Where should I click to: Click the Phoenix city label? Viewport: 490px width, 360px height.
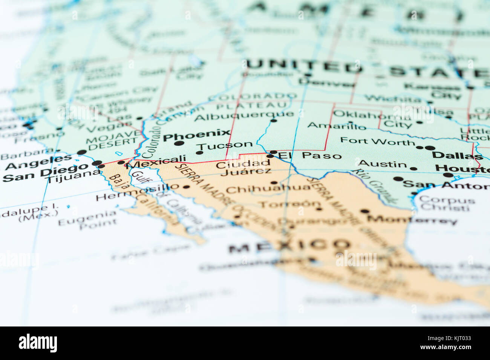196,134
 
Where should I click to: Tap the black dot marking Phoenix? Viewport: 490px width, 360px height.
179,143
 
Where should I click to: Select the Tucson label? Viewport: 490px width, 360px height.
225,145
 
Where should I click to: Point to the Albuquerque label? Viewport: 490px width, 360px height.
244,116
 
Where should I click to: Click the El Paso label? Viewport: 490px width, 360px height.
310,156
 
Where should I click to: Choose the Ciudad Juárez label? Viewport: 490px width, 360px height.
244,168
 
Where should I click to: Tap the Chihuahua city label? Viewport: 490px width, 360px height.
268,188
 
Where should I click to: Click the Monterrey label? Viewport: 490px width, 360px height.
412,219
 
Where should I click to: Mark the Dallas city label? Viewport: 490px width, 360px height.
457,155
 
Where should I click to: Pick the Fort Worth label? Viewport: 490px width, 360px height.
377,142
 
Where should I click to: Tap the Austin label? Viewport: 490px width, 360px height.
382,164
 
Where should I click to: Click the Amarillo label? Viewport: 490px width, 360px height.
337,125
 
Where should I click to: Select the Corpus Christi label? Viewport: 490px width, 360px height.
447,203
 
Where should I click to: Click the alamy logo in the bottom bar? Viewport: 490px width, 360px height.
38,343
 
